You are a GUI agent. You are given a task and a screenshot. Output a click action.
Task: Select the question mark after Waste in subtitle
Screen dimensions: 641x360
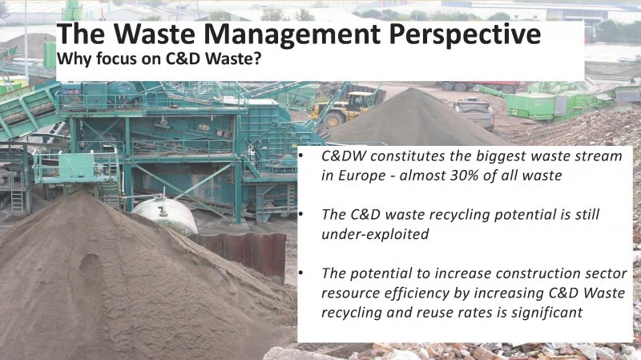tap(256, 59)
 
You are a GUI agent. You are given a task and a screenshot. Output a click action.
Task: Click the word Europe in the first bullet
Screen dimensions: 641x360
tap(362, 176)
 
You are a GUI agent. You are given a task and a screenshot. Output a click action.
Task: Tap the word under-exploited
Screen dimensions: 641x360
tap(375, 234)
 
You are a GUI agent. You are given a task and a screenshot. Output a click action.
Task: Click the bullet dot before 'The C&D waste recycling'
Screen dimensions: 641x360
tap(301, 214)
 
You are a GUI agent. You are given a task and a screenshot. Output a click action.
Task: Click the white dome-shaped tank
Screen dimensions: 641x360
tap(164, 214)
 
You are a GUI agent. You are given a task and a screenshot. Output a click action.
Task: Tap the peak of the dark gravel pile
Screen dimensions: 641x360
tap(414, 89)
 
